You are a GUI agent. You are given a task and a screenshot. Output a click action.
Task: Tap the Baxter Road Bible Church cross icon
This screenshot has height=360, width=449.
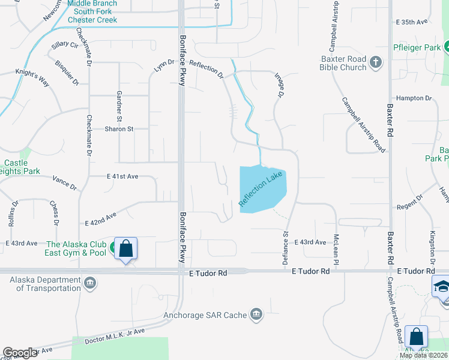click(376, 62)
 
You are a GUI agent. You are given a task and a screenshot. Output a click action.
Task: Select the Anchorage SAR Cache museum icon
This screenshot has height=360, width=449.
click(256, 314)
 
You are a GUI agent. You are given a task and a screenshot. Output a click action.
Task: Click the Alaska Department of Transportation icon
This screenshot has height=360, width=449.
click(90, 283)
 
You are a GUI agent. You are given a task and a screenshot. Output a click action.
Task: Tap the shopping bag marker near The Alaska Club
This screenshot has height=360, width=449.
click(125, 248)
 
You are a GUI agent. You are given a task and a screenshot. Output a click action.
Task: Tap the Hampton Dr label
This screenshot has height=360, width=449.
click(414, 98)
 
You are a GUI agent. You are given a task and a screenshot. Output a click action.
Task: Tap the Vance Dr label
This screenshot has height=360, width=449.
click(65, 183)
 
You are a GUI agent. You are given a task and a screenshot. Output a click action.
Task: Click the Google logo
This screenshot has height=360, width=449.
click(20, 352)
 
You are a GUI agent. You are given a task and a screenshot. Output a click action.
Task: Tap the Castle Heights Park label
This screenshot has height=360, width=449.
click(18, 167)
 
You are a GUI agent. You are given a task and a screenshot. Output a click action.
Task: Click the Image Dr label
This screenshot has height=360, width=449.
click(279, 85)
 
